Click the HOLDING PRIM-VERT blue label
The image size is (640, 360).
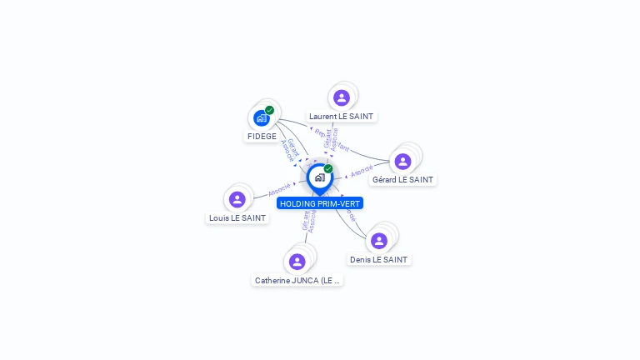320,203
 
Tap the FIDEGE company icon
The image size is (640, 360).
261,117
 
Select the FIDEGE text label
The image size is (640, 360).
262,137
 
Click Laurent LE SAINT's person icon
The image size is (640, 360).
341,97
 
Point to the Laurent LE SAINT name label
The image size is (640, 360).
341,117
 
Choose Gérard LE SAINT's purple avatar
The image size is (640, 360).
402,161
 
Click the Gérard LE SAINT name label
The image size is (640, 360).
402,180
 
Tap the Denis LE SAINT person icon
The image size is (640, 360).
379,241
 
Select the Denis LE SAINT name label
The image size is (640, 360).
379,260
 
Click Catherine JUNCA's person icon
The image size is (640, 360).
297,262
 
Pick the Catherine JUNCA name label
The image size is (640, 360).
297,281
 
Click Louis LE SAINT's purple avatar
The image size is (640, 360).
237,199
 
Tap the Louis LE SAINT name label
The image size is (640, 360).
237,218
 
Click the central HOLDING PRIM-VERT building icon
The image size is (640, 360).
319,177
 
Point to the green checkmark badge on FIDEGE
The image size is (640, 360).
269,110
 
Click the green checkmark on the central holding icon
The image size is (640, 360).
328,169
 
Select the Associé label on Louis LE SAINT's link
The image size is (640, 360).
279,189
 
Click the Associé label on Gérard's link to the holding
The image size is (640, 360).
362,172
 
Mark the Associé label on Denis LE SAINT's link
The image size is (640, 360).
350,215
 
